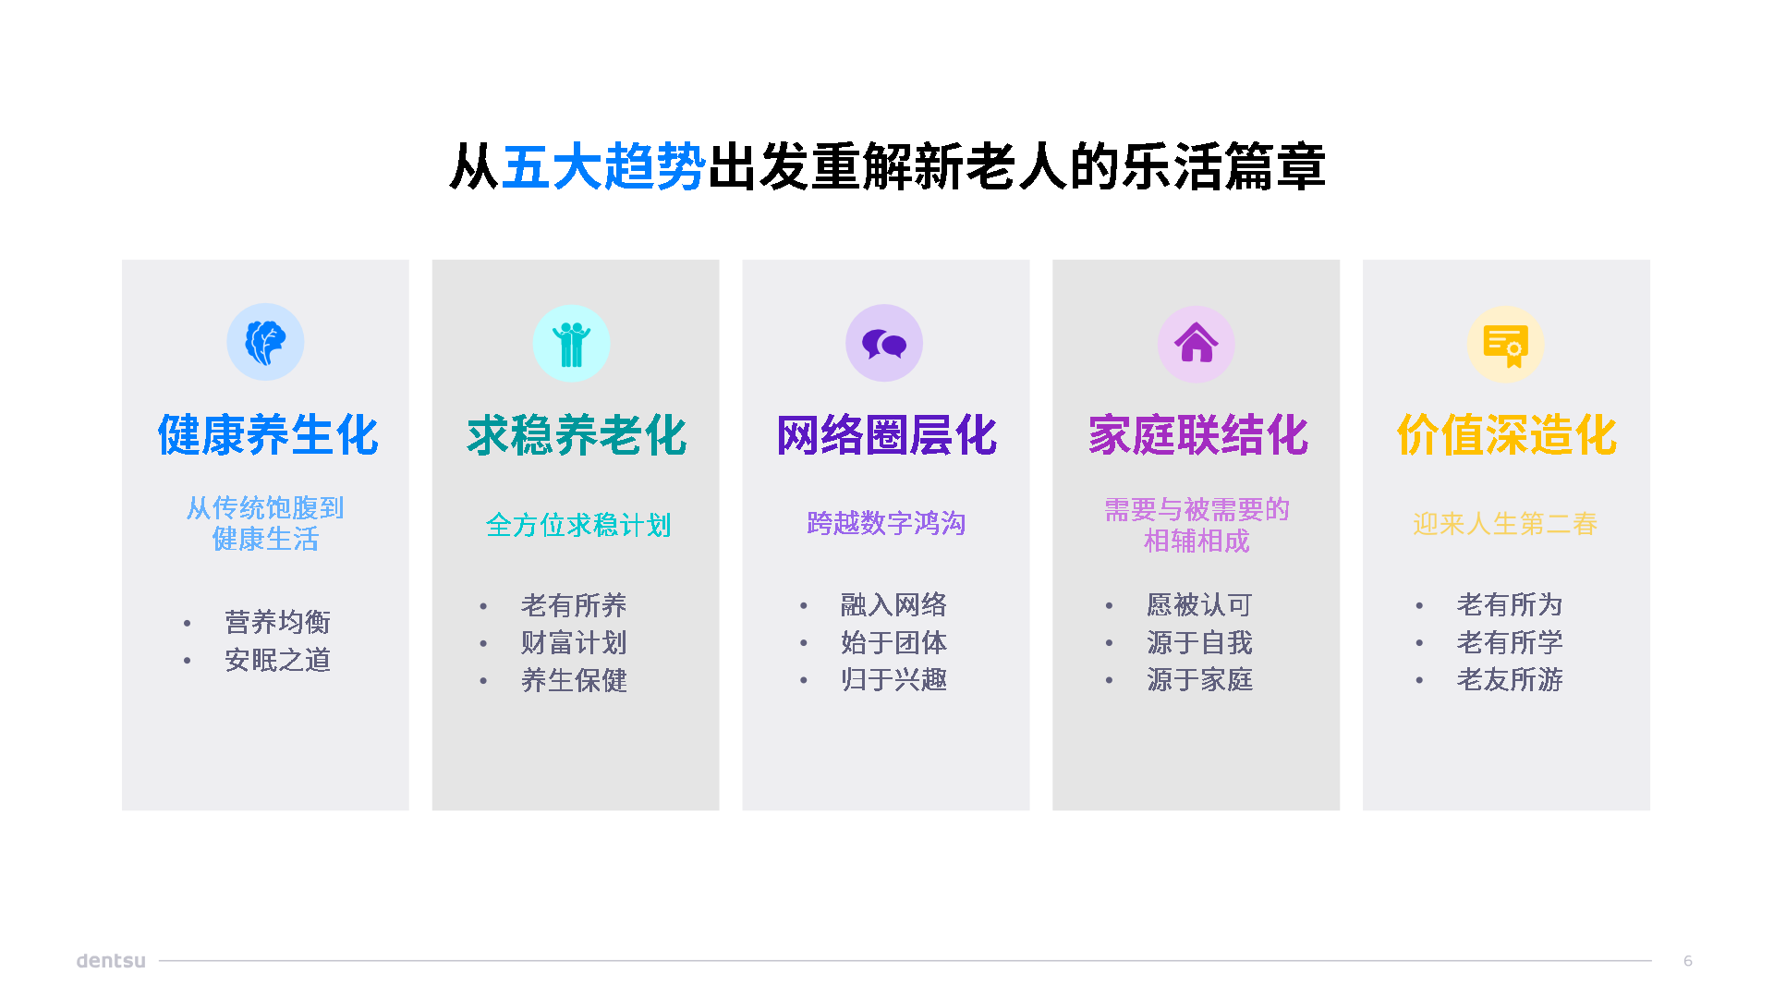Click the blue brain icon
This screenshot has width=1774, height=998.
click(265, 342)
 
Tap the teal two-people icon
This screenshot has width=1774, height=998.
click(572, 344)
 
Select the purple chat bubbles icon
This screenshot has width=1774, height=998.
click(884, 344)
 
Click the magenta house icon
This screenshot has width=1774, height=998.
click(1197, 344)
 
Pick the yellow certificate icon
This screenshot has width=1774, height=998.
click(1506, 345)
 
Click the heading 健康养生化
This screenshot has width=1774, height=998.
click(268, 435)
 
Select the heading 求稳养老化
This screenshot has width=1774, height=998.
click(577, 435)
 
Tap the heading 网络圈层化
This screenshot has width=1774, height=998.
click(887, 435)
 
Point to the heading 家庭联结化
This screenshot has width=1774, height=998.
click(1198, 435)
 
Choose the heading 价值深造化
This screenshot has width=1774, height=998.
click(1507, 435)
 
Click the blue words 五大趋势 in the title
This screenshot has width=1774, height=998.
click(604, 167)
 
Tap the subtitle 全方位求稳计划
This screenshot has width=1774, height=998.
click(578, 525)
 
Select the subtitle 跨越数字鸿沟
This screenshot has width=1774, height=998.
click(886, 523)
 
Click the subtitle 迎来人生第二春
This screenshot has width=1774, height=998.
click(1505, 524)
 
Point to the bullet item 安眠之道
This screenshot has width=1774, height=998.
click(278, 660)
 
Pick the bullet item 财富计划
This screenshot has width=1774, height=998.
click(574, 642)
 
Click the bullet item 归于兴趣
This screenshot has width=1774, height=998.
click(893, 679)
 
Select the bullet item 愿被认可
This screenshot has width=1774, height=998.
click(1199, 604)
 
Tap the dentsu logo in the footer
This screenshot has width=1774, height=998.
click(111, 960)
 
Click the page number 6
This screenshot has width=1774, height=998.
click(1688, 961)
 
